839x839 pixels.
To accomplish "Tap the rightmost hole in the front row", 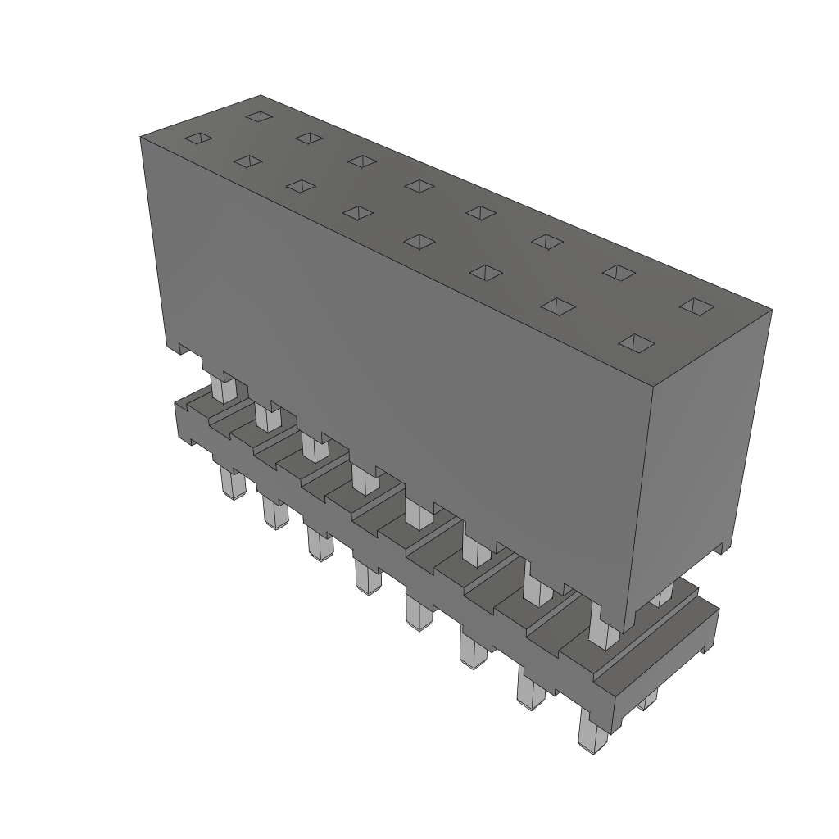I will pos(637,342).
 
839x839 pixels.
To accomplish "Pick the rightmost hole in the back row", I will pos(697,306).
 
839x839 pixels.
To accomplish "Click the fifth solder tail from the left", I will pos(418,612).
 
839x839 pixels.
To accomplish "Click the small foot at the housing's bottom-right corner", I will pos(721,546).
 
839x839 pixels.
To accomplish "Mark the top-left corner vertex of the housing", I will pos(141,136).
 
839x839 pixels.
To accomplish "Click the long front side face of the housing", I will pos(393,352).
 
